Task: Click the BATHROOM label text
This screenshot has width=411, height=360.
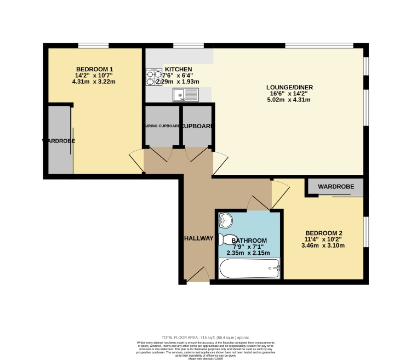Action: (x=249, y=241)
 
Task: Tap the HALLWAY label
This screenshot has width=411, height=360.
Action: (x=198, y=238)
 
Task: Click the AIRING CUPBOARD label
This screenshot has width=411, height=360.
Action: (x=162, y=126)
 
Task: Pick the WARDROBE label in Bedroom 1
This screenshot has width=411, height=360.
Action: (x=59, y=141)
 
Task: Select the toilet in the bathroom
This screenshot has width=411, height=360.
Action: (x=226, y=240)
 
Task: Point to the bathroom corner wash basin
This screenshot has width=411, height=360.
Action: (x=225, y=220)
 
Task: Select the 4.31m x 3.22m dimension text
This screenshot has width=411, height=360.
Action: (x=94, y=82)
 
